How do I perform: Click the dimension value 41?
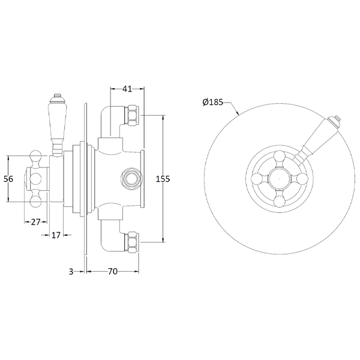(x=127, y=89)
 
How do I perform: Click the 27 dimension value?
(x=35, y=221)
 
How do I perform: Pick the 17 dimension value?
(x=56, y=235)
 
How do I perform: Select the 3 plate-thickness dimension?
(x=71, y=272)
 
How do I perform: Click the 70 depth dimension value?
(x=112, y=272)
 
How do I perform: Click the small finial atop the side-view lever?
(x=56, y=95)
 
